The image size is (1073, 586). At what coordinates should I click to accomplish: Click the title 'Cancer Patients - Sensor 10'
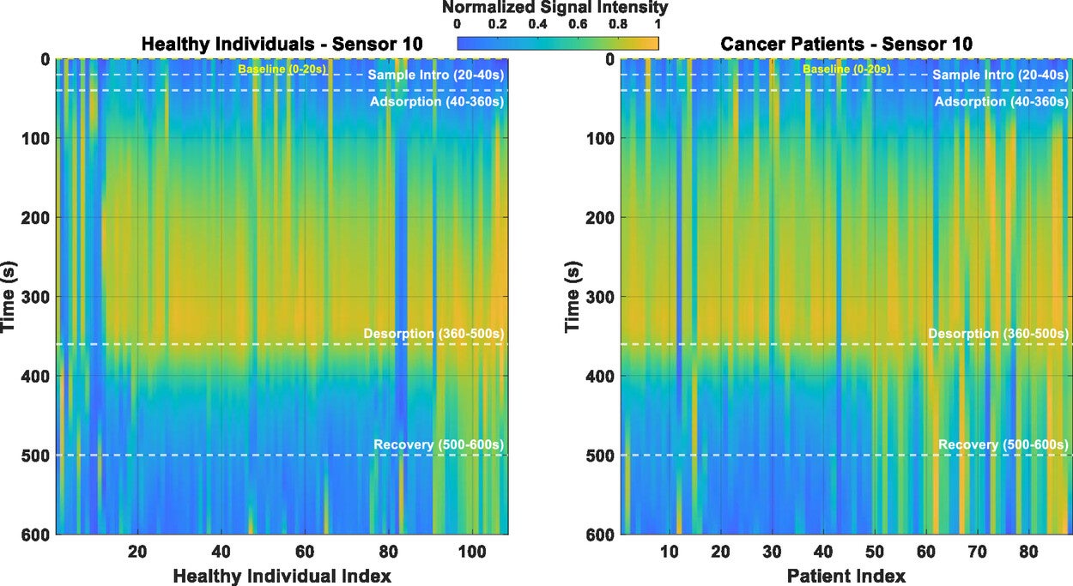[x=846, y=43]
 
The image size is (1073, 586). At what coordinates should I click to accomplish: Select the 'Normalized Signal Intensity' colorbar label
[x=555, y=8]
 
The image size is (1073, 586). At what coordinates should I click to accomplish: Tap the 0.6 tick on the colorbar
[x=578, y=25]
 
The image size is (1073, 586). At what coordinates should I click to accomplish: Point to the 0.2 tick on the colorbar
[x=497, y=25]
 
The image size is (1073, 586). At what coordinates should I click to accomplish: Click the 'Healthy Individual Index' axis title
[x=282, y=575]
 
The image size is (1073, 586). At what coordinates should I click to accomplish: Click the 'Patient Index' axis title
[x=846, y=575]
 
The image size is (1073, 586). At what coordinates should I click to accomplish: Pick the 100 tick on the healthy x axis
[x=471, y=550]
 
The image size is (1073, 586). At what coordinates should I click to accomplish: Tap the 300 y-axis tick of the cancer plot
[x=598, y=297]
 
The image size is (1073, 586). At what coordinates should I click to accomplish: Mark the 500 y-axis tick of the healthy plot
[x=33, y=456]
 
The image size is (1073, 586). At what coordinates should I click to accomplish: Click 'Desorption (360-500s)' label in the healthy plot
[x=433, y=333]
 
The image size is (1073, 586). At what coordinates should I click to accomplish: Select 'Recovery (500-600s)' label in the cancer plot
[x=1003, y=444]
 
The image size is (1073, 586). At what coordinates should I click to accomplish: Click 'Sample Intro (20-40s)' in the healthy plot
[x=436, y=76]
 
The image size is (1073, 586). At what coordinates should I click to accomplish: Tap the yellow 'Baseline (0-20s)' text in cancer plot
[x=846, y=69]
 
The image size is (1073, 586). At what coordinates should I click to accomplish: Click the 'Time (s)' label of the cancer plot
[x=574, y=297]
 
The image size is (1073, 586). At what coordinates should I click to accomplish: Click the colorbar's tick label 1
[x=657, y=25]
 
